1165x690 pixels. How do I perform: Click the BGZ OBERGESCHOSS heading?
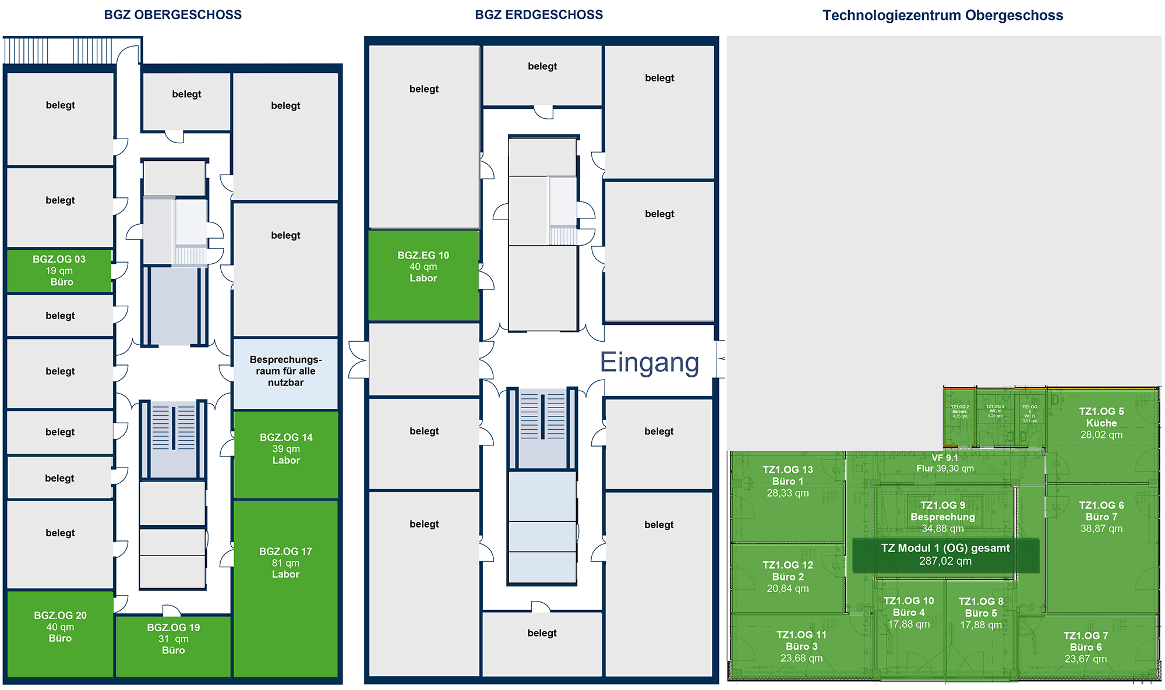172,15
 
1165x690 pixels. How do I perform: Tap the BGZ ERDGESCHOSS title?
539,15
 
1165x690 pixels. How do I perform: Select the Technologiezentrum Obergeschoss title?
942,16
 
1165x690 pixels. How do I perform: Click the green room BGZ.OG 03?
59,271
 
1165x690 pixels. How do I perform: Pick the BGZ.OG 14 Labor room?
286,449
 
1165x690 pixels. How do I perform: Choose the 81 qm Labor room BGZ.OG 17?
285,563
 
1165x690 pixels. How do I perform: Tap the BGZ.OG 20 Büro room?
60,627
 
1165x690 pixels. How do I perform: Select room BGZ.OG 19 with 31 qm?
174,639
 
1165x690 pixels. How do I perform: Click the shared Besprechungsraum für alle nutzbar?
285,371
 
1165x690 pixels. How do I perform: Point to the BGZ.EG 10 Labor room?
423,267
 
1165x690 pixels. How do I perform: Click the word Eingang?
649,362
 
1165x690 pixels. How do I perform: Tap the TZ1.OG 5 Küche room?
1101,423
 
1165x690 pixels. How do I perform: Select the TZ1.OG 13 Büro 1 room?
788,482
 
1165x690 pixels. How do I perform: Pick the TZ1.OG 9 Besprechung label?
942,516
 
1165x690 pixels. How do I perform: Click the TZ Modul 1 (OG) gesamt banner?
945,555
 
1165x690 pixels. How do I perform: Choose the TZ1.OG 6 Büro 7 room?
1101,517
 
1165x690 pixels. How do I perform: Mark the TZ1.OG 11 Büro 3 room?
802,647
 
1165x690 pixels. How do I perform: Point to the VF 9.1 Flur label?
945,463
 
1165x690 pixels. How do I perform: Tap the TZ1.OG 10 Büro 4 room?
909,613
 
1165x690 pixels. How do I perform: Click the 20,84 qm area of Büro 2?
788,589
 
